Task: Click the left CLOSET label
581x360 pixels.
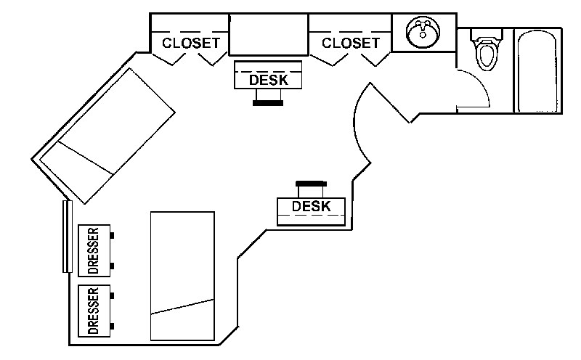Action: [x=190, y=43]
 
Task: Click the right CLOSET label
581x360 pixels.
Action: [x=350, y=43]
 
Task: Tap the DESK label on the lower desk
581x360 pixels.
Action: [x=311, y=207]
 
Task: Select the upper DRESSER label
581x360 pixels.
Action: [x=93, y=251]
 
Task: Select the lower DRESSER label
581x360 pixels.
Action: [x=93, y=311]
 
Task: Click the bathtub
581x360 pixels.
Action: [x=537, y=70]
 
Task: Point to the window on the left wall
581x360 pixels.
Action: [x=66, y=236]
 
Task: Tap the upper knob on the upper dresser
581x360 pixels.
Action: [x=113, y=235]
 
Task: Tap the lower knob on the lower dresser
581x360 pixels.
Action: [x=113, y=326]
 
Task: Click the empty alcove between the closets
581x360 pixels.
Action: [x=269, y=33]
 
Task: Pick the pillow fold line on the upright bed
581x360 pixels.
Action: [x=182, y=306]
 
